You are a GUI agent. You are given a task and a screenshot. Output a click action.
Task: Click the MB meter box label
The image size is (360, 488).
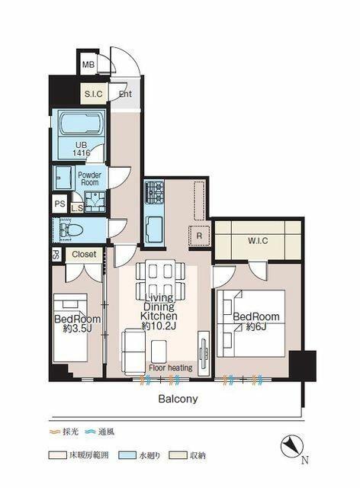point(88,65)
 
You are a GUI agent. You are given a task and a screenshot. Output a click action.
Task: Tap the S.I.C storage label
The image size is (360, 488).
point(93,94)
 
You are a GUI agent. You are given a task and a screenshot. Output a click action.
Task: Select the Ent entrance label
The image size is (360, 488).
point(125,94)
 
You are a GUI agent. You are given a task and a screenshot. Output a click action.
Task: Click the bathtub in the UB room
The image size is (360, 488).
point(80,124)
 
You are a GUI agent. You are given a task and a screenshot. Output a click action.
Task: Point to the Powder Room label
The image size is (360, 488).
point(89,178)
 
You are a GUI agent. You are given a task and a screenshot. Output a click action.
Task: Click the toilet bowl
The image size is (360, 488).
point(72,230)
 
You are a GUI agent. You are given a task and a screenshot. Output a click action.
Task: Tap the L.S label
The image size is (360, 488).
point(77,208)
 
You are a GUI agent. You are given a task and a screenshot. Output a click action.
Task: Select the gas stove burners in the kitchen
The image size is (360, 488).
point(155,191)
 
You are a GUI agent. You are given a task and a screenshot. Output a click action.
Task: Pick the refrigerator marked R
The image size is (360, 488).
point(199,236)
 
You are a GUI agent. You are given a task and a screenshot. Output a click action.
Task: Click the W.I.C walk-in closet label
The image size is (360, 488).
point(258,241)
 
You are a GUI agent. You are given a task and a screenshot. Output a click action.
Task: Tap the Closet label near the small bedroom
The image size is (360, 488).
point(84,254)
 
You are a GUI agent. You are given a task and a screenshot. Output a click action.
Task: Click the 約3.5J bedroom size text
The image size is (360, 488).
point(77,329)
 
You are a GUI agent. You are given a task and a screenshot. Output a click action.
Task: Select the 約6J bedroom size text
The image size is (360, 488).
point(256,327)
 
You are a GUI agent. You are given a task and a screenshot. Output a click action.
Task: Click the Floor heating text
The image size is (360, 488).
point(171,368)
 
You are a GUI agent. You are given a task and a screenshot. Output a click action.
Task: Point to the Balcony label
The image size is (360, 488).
point(178,399)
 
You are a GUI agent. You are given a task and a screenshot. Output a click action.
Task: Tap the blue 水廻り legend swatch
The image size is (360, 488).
point(127,455)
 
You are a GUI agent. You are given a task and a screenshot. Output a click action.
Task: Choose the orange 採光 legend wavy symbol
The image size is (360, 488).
point(54,432)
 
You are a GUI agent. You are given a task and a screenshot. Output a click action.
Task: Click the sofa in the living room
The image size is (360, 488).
point(133,351)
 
